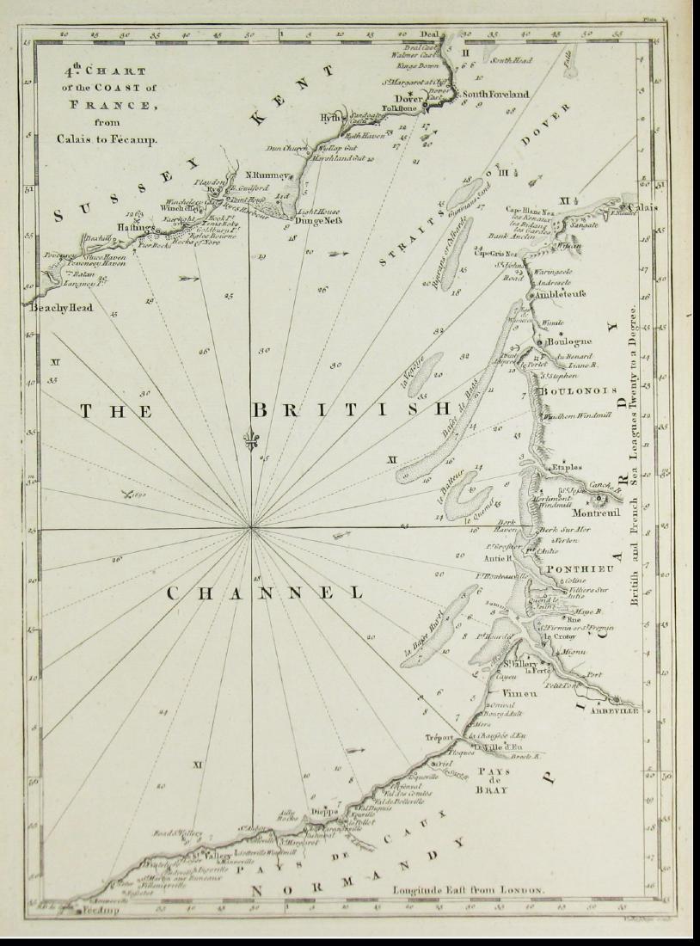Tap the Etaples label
(x=566, y=467)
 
